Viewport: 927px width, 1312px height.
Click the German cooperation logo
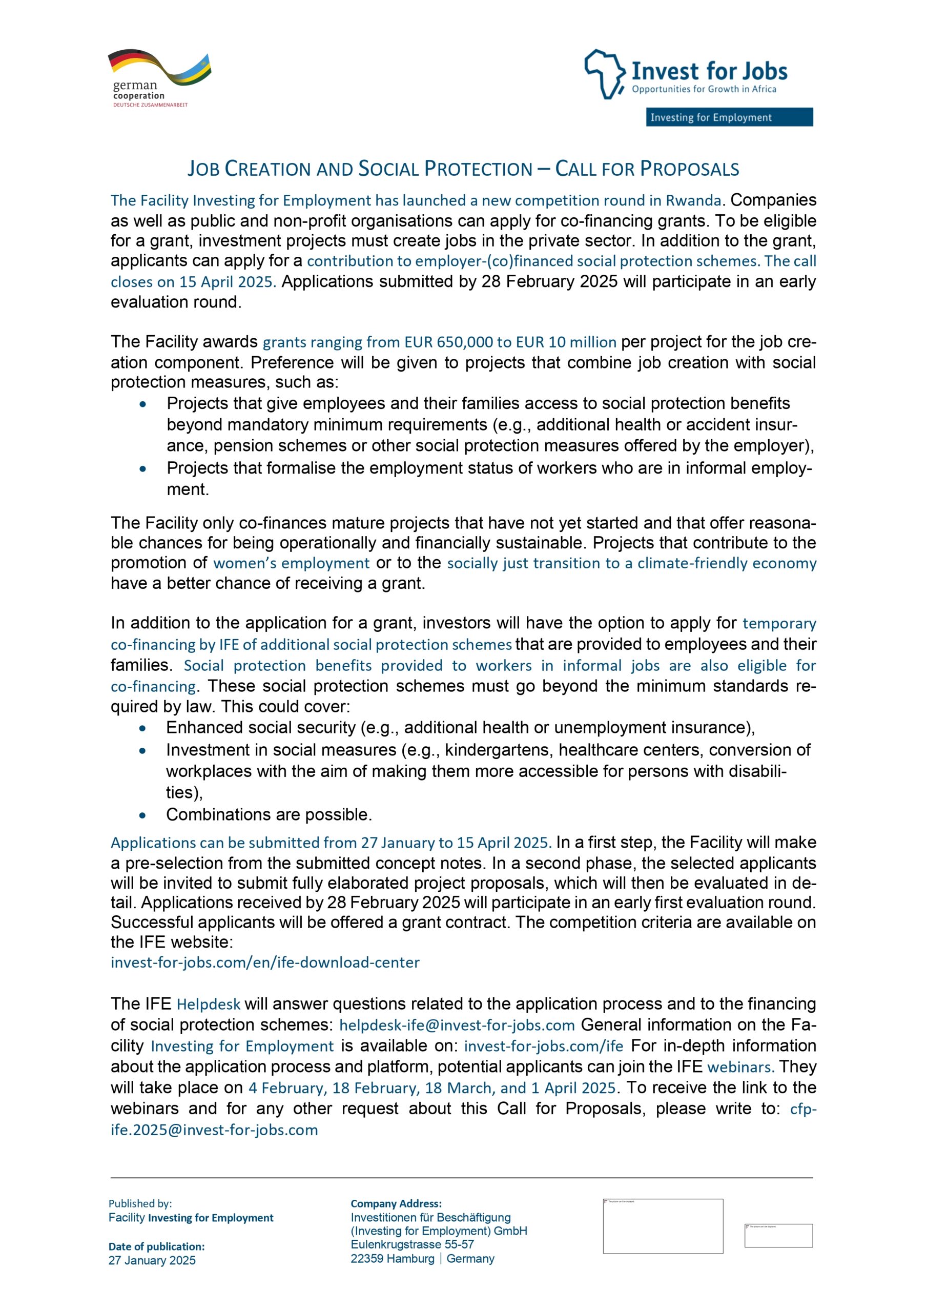pyautogui.click(x=158, y=78)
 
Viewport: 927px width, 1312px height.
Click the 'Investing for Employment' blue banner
pyautogui.click(x=729, y=117)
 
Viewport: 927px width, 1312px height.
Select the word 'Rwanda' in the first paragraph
pyautogui.click(x=693, y=200)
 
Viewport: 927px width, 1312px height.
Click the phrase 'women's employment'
pyautogui.click(x=292, y=563)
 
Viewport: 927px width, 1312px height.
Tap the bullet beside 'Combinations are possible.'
pyautogui.click(x=142, y=815)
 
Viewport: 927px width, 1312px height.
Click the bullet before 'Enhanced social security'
pyautogui.click(x=142, y=729)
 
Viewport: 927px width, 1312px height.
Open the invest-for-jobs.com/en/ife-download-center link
pyautogui.click(x=265, y=962)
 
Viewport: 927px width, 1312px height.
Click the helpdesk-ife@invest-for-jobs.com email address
pyautogui.click(x=457, y=1025)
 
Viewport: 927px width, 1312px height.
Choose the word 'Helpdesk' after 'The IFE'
pyautogui.click(x=208, y=1004)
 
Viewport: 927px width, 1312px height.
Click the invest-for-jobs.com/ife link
pyautogui.click(x=543, y=1047)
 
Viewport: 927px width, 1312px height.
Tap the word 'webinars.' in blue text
pyautogui.click(x=740, y=1068)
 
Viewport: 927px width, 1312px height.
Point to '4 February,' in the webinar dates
pyautogui.click(x=287, y=1088)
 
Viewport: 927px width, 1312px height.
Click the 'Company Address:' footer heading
pyautogui.click(x=396, y=1203)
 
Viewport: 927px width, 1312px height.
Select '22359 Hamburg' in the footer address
pyautogui.click(x=392, y=1259)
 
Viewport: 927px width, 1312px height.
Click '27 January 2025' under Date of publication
pyautogui.click(x=152, y=1261)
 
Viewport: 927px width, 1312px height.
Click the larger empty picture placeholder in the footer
pyautogui.click(x=663, y=1226)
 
